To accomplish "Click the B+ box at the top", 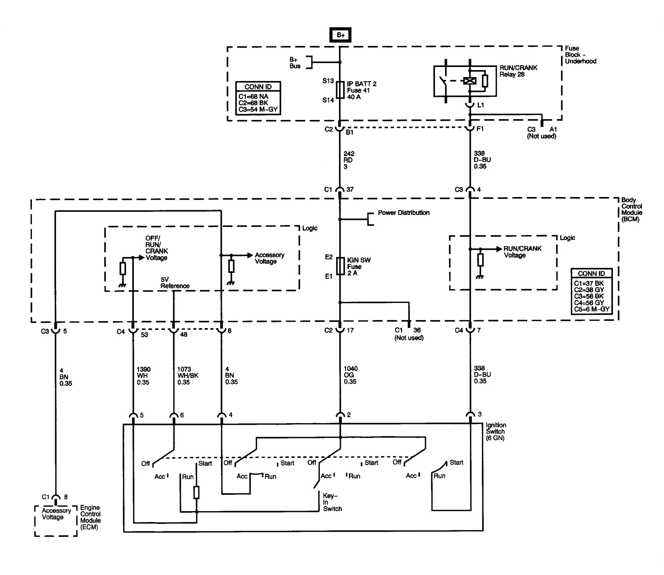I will click(x=340, y=35).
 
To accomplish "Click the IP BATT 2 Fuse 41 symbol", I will click(x=340, y=90).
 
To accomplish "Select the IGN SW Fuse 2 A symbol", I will click(x=340, y=267).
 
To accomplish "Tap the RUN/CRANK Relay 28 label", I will click(x=518, y=71).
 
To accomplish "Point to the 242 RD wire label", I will click(x=349, y=160).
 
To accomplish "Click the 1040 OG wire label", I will click(x=350, y=375).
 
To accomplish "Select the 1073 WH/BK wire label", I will click(x=188, y=376).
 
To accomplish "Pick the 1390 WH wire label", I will click(x=143, y=376).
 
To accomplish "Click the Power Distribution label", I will click(x=403, y=213).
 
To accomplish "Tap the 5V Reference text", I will click(x=175, y=283).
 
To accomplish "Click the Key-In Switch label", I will click(x=332, y=502).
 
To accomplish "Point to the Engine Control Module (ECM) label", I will click(x=90, y=517).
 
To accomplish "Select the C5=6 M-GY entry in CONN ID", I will click(x=591, y=309).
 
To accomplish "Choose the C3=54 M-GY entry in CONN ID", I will click(x=258, y=109).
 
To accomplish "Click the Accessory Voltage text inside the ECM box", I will click(x=56, y=514).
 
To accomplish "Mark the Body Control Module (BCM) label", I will click(x=631, y=209).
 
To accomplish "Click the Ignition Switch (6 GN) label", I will click(x=496, y=431).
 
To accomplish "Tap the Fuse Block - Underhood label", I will click(x=580, y=55).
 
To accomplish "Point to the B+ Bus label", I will click(x=295, y=63).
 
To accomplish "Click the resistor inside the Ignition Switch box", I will click(x=196, y=492).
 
